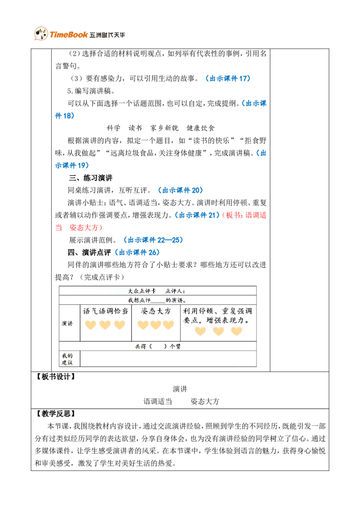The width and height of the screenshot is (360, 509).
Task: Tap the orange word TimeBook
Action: [x=68, y=35]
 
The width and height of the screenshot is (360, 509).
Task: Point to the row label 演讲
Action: [x=67, y=323]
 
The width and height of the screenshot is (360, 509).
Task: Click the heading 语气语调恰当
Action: [x=106, y=311]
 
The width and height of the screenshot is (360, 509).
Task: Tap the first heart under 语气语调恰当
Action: [x=91, y=325]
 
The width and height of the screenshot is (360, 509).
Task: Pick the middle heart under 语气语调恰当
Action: [x=105, y=325]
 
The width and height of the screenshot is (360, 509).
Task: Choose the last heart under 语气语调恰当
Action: [x=120, y=325]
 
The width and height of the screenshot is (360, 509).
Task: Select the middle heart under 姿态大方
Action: [x=156, y=325]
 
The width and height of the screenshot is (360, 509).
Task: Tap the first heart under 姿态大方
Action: [x=143, y=325]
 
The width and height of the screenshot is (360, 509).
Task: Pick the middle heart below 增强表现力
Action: [x=218, y=331]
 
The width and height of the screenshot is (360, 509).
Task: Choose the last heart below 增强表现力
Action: [x=237, y=331]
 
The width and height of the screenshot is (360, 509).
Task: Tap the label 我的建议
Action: [x=67, y=359]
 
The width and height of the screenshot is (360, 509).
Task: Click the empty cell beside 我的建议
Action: [x=168, y=359]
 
